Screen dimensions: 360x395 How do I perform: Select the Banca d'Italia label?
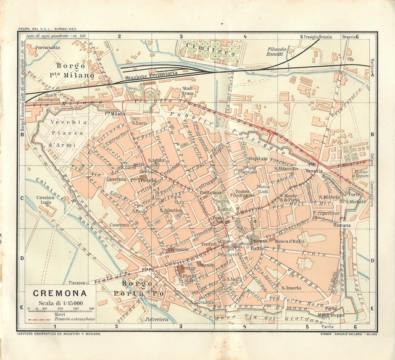(x=289, y=241)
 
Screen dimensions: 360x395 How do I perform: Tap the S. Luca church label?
(x=139, y=123)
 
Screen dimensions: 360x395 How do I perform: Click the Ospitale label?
(x=257, y=159)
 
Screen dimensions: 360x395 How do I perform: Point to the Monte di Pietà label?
(x=296, y=198)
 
